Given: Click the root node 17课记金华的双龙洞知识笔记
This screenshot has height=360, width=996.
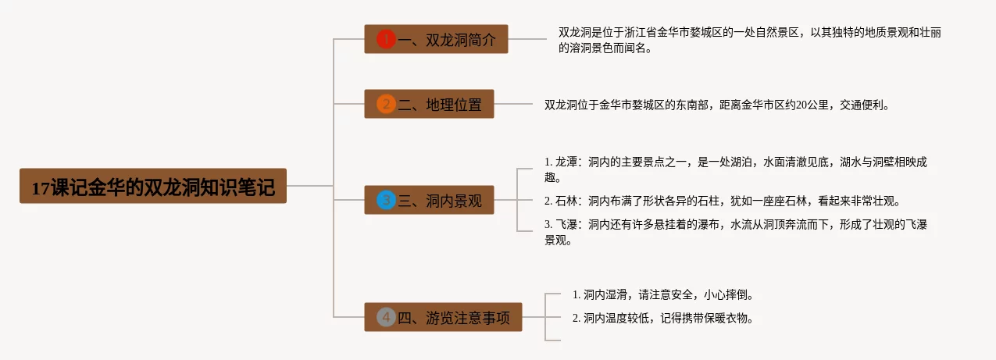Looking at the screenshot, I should (x=153, y=187).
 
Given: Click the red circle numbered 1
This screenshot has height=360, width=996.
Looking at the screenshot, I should (x=386, y=39).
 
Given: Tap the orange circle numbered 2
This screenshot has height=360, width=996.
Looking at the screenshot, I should (x=386, y=104).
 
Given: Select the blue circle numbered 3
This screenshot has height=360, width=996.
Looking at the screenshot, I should (x=386, y=201).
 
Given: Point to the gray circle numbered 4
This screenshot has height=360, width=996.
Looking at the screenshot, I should (x=386, y=317).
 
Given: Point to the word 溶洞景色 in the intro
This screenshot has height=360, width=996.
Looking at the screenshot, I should (x=591, y=48).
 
